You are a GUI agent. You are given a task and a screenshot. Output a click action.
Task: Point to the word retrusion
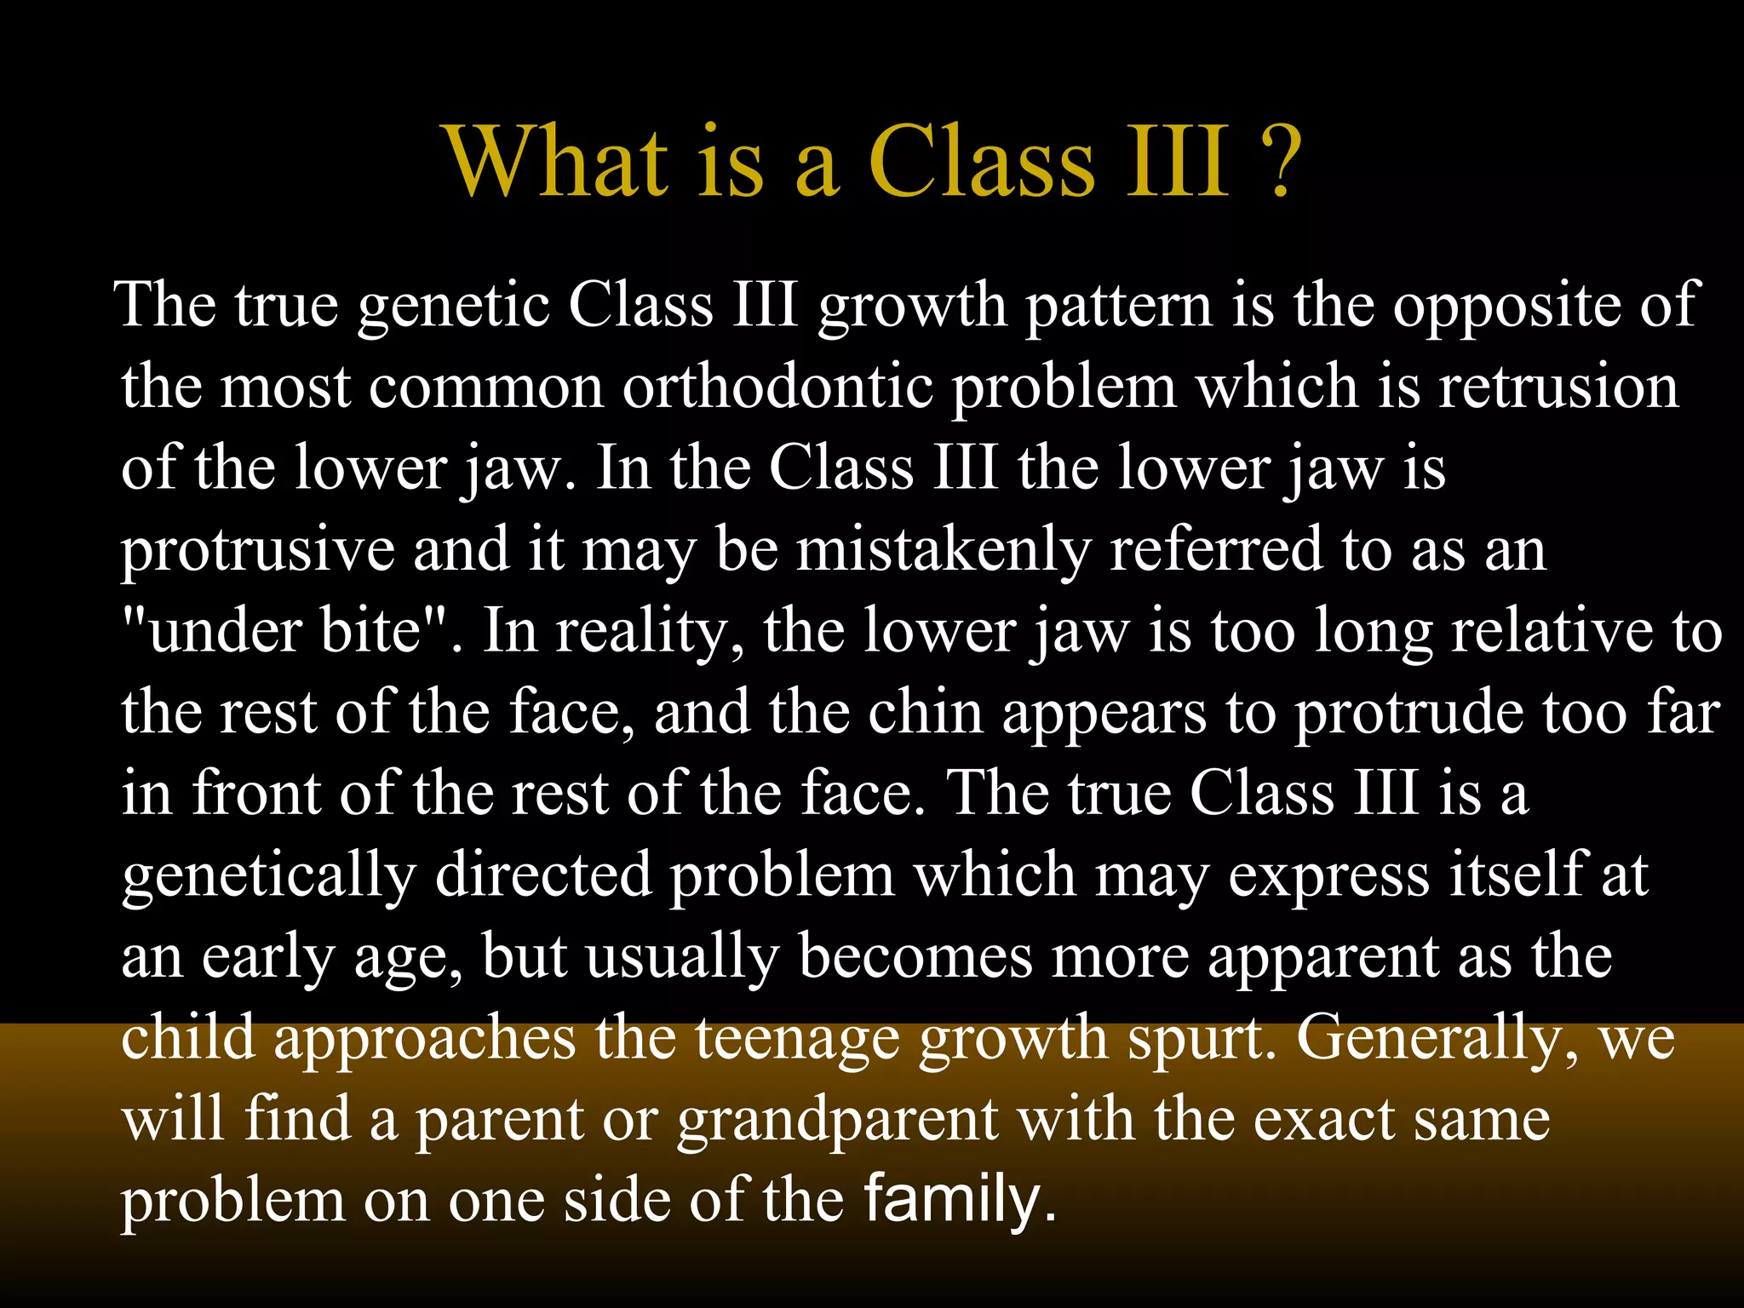click(1558, 387)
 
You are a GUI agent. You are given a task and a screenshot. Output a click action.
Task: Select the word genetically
click(268, 876)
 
